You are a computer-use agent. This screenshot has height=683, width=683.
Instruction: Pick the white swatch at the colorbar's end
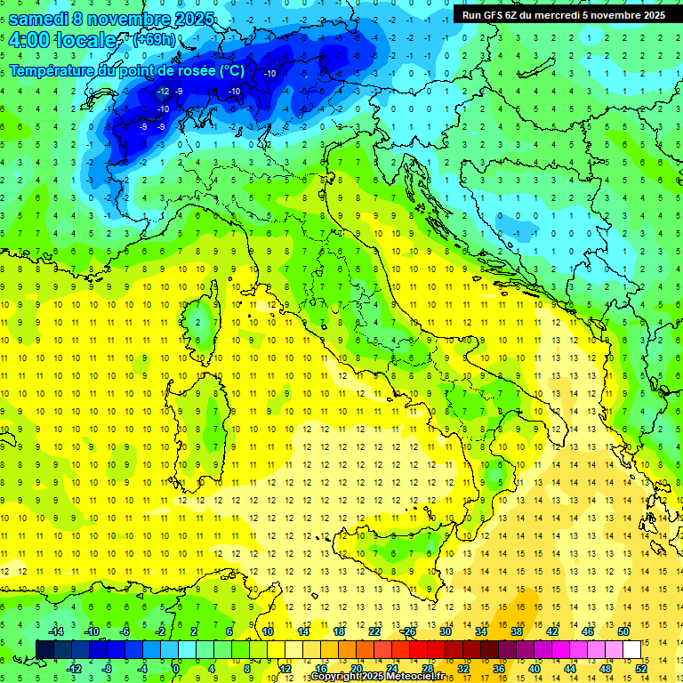[631, 649]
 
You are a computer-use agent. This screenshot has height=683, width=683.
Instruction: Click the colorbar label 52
[641, 668]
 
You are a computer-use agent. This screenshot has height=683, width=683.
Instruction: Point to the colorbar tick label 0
[176, 668]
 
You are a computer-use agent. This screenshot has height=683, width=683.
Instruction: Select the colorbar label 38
[517, 631]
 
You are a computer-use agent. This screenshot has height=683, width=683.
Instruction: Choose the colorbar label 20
[356, 668]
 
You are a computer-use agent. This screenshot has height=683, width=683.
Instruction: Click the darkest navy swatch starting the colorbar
[44, 649]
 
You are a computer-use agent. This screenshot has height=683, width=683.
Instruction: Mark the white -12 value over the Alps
[163, 92]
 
